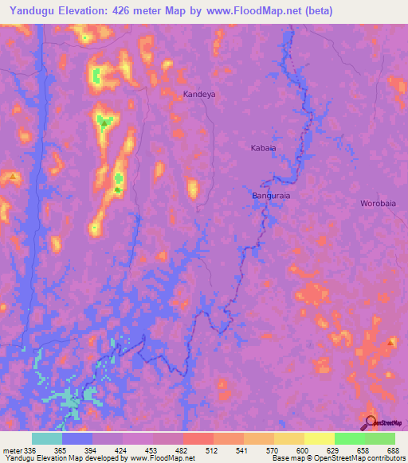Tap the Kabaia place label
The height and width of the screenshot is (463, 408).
[263, 148]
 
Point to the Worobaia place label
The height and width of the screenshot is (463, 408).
[378, 203]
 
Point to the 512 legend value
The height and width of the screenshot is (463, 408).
[195, 449]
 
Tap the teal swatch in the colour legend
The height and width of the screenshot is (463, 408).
[47, 438]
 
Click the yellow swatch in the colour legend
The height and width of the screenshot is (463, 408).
[319, 438]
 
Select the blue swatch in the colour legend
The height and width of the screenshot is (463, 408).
[77, 438]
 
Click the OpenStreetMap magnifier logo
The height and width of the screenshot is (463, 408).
[371, 424]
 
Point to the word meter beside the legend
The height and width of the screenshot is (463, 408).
[13, 449]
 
